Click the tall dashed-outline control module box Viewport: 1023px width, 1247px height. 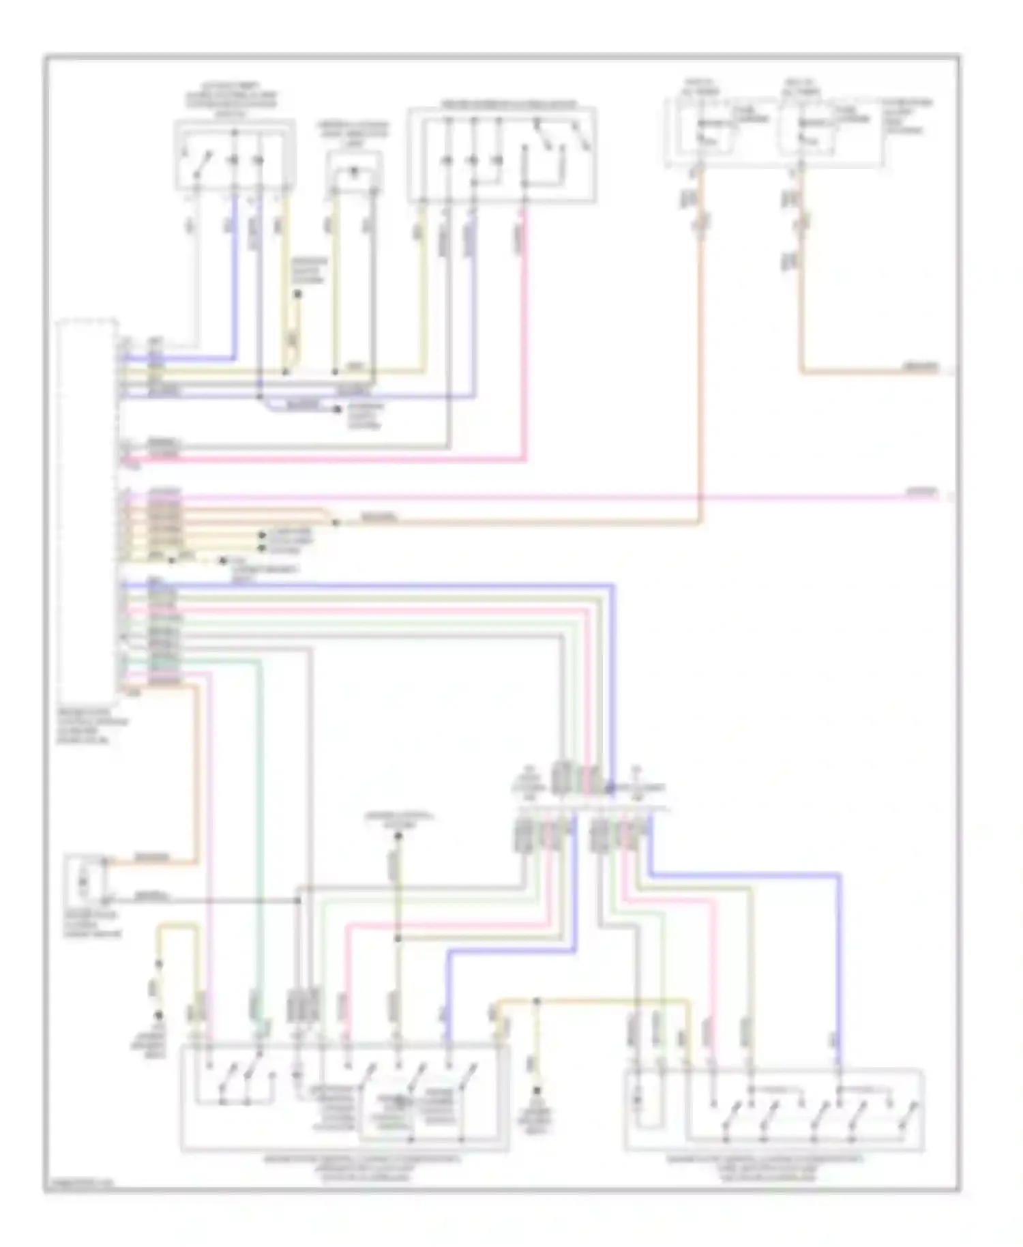point(87,505)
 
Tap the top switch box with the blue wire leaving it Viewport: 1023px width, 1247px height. point(235,154)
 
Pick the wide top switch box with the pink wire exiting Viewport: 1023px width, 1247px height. point(501,154)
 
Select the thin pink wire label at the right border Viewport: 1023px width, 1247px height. point(921,491)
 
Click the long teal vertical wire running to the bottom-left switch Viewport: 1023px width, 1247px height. point(259,819)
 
